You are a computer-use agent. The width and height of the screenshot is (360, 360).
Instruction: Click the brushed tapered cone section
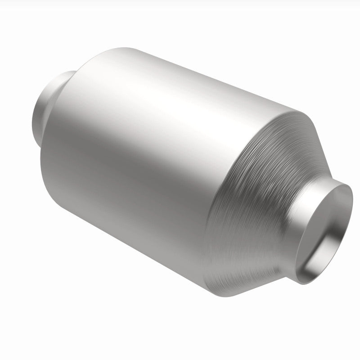pyautogui.click(x=252, y=189)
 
